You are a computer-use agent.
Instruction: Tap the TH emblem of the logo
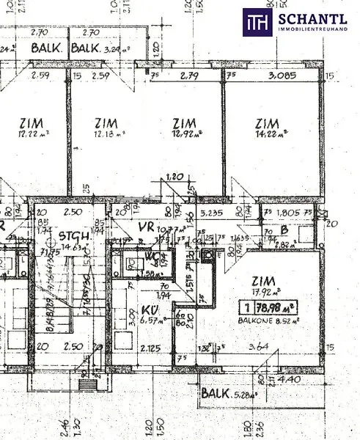point(257,21)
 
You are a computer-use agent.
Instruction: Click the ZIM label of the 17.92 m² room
point(262,279)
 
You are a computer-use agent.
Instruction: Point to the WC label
point(152,257)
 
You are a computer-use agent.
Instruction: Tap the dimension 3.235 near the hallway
point(211,214)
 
